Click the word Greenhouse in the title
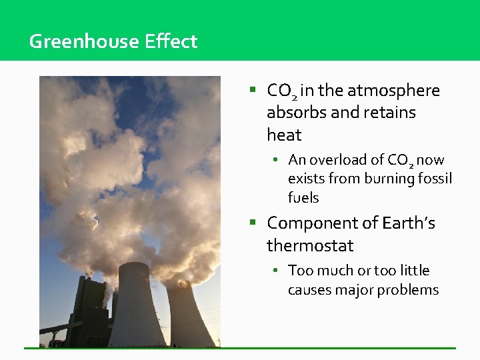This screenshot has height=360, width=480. coord(85,41)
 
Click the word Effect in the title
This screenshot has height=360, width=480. coord(171,41)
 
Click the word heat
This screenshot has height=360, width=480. coord(284,135)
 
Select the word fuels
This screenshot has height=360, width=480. coord(303,197)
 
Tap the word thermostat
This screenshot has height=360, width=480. coord(310,245)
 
